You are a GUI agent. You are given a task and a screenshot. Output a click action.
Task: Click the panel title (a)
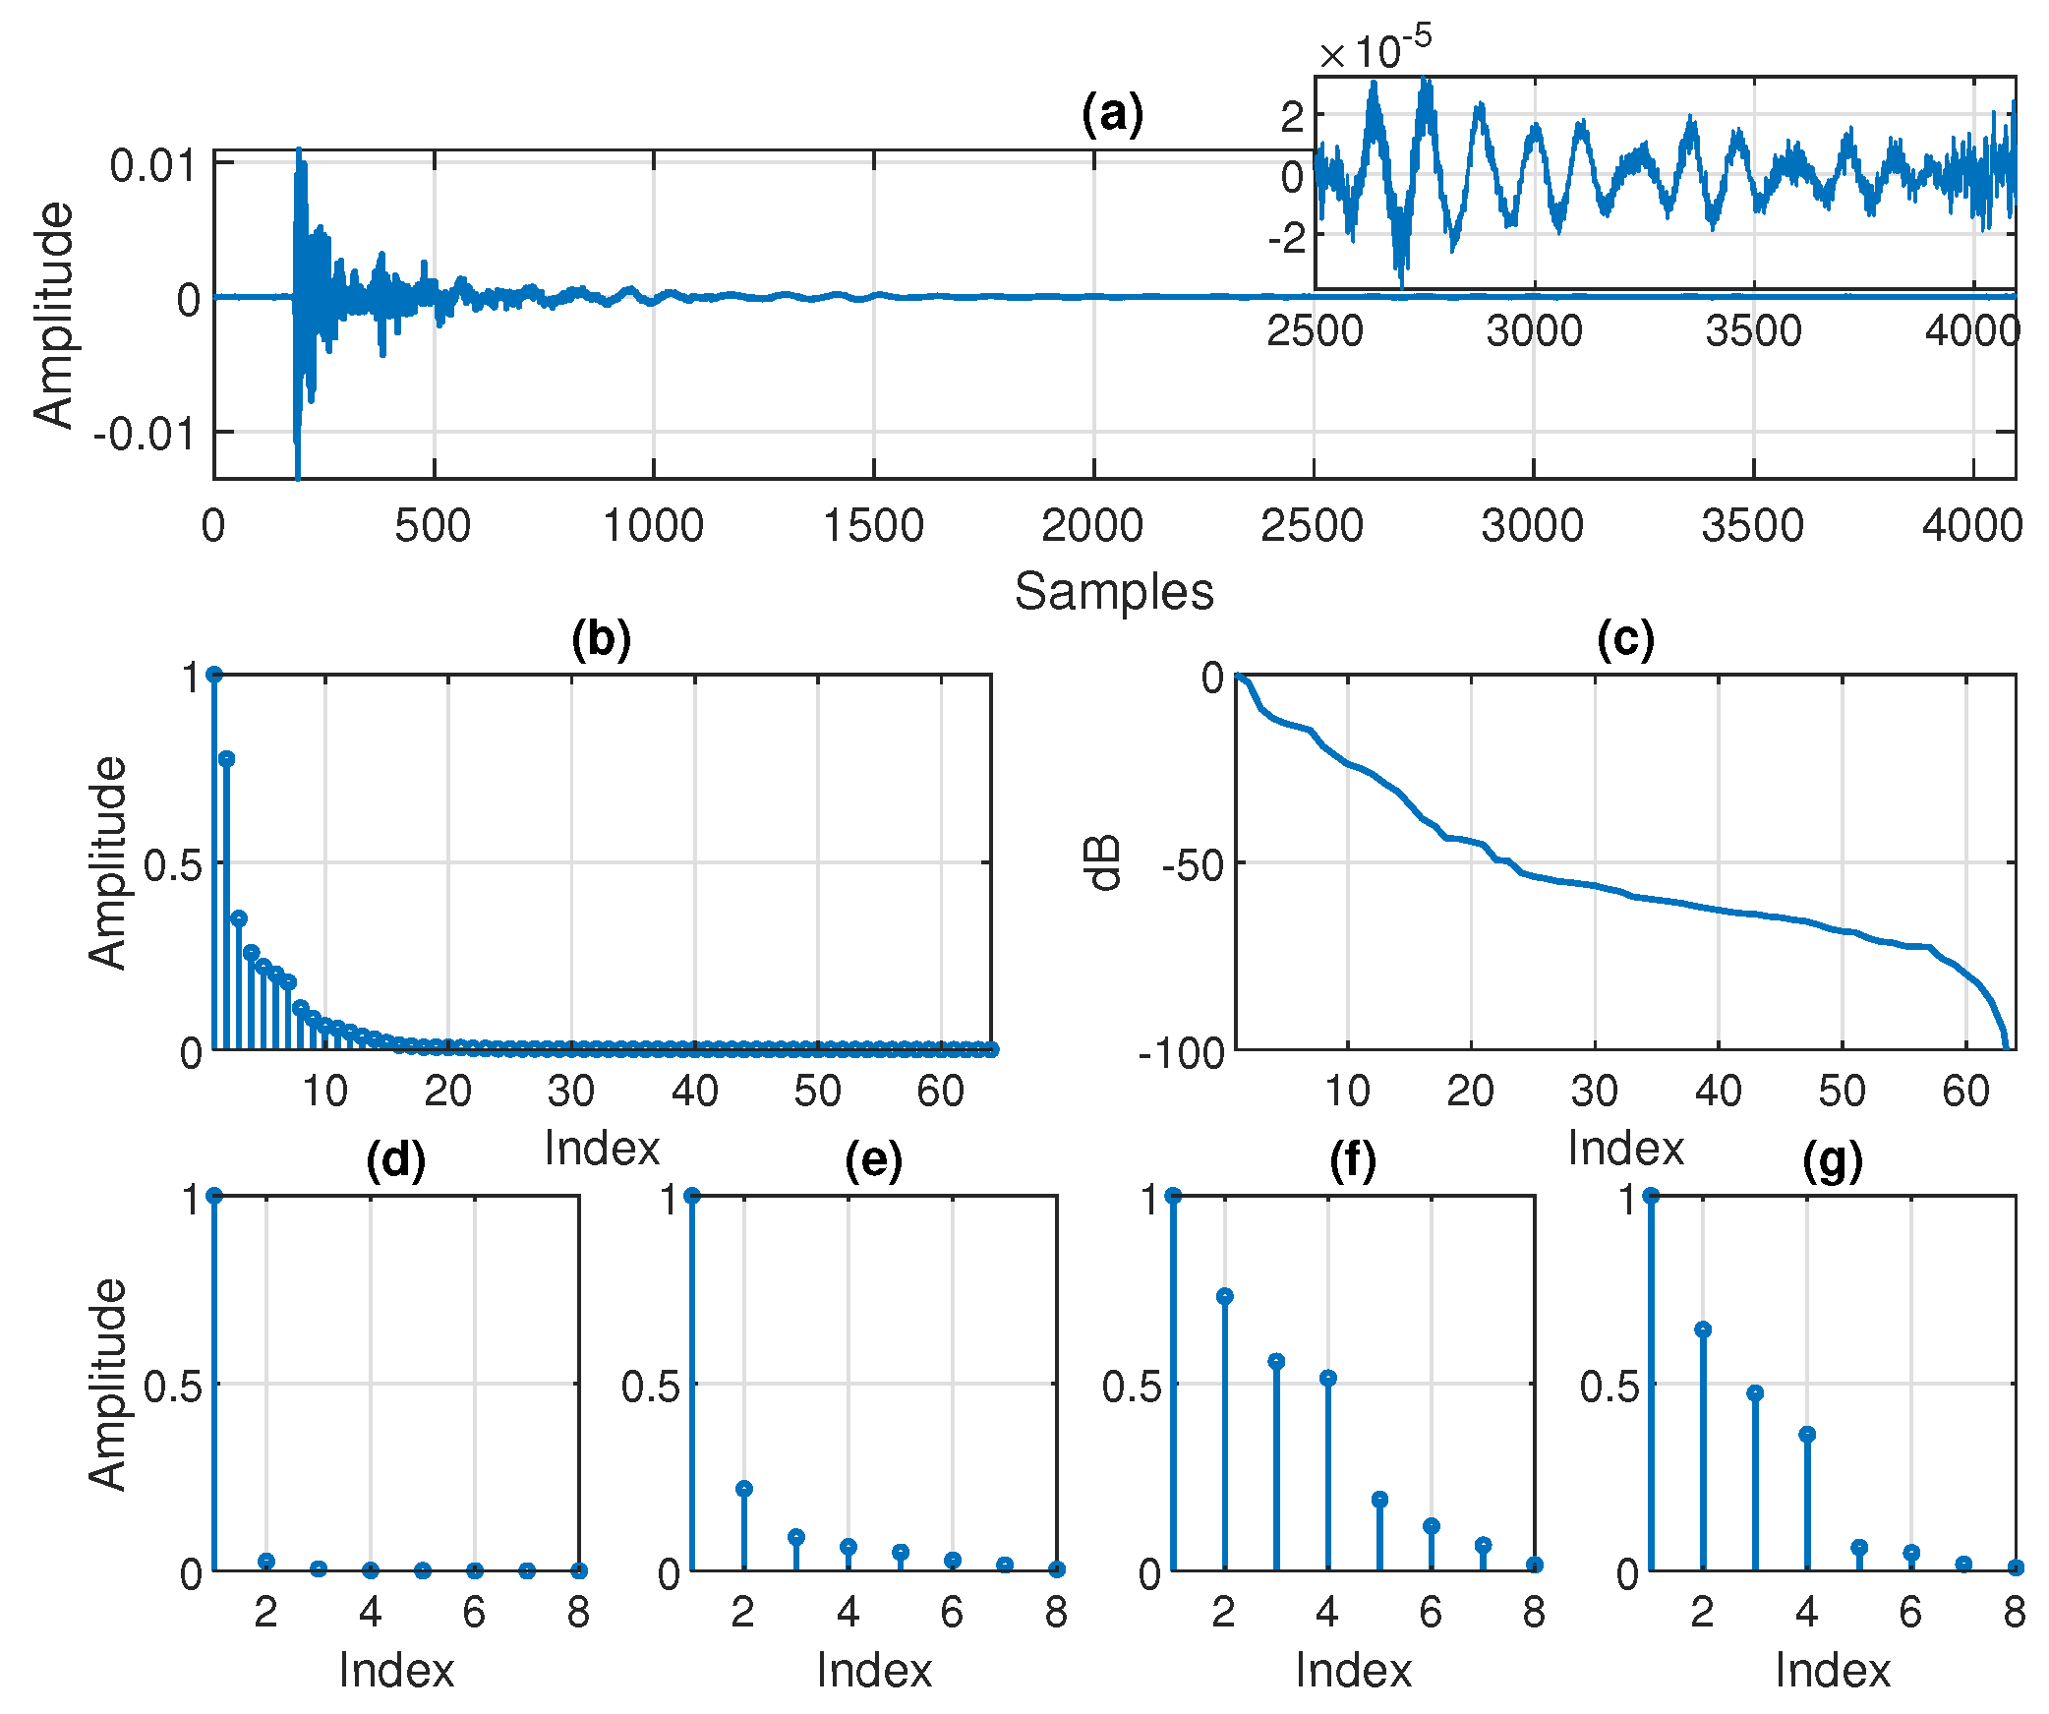point(1112,114)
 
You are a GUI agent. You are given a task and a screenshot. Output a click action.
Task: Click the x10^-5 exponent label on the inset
point(1376,50)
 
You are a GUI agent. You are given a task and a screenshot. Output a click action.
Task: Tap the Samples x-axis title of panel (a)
point(1114,593)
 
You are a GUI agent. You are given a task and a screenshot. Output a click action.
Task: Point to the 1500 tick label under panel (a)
point(873,527)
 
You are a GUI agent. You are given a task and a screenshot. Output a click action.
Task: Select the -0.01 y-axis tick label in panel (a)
point(145,434)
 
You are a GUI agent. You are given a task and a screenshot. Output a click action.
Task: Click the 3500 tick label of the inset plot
point(1753,331)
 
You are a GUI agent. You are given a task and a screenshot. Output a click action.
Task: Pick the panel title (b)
point(601,639)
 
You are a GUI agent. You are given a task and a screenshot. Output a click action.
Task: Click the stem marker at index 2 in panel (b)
point(227,758)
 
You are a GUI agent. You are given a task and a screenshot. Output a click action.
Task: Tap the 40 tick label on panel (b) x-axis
point(694,1092)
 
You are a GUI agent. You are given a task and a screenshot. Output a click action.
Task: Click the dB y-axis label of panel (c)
point(1104,863)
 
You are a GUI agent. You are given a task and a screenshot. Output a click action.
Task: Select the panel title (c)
point(1625,639)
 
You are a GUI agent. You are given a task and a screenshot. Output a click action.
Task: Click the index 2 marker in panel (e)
point(744,1489)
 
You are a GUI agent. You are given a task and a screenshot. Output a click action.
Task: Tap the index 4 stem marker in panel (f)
point(1328,1378)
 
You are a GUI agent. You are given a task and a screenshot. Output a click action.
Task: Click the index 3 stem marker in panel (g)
point(1755,1393)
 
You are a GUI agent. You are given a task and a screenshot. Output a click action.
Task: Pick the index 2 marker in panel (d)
point(265,1562)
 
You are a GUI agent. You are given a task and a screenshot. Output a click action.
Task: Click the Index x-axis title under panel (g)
point(1833,1671)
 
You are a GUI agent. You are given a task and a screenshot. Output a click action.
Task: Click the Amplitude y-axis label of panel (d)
point(107,1385)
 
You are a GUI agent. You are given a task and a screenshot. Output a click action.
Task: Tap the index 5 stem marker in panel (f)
point(1379,1500)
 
